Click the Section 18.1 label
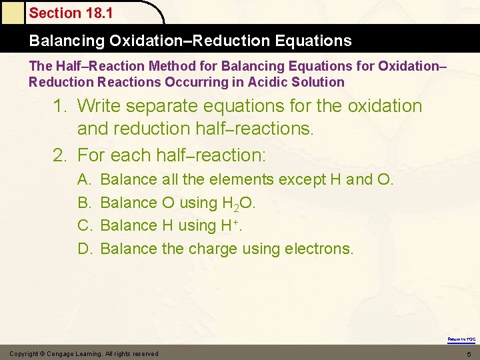[71, 13]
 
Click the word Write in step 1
[99, 106]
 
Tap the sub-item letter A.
[84, 179]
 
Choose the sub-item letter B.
[84, 203]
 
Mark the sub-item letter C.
[84, 225]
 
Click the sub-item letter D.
[84, 249]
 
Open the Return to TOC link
[461, 339]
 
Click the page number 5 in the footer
[469, 353]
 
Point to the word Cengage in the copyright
[69, 353]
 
